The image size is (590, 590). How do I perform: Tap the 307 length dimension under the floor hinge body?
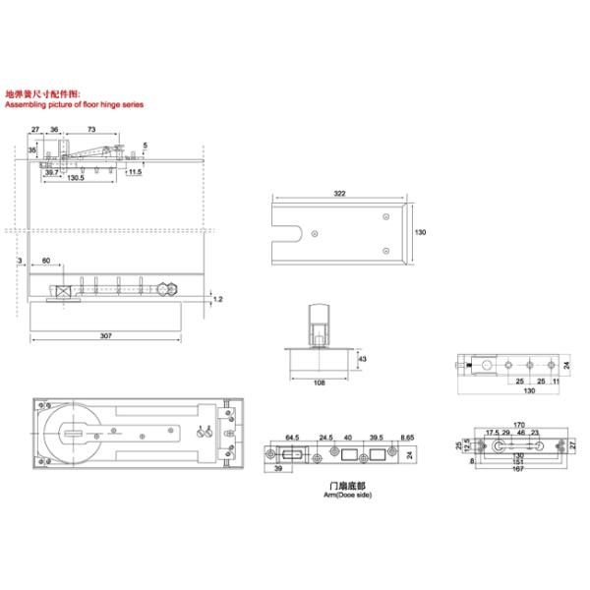coord(106,335)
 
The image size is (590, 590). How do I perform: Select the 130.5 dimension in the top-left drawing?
coord(75,178)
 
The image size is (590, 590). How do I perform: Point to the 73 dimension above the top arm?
coord(90,130)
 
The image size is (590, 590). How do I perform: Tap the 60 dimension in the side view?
coord(46,262)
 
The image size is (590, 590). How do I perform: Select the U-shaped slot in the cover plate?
coord(290,234)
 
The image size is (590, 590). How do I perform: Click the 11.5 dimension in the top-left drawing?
coord(136,171)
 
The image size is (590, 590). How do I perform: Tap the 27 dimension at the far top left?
coord(35,130)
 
